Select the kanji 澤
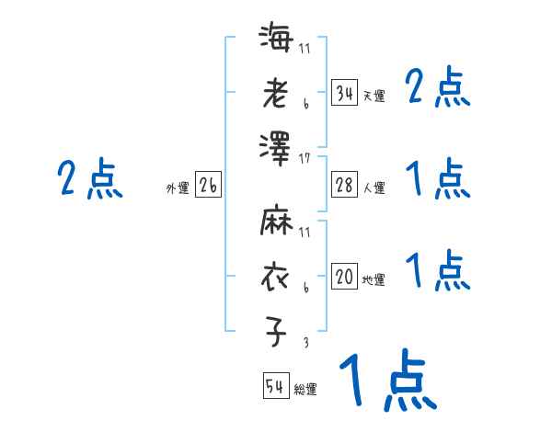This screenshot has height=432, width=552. pyautogui.click(x=277, y=148)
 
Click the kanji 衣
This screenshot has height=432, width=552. pyautogui.click(x=277, y=277)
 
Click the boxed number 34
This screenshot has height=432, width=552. pyautogui.click(x=344, y=93)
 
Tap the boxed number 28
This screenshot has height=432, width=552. pyautogui.click(x=344, y=185)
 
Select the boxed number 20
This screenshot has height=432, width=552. pyautogui.click(x=344, y=277)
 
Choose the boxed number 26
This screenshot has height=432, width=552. pyautogui.click(x=208, y=185)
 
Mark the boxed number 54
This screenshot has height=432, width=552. pyautogui.click(x=275, y=386)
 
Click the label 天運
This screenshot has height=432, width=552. pyautogui.click(x=374, y=96)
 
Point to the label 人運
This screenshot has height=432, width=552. pyautogui.click(x=374, y=188)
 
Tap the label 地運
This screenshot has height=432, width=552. pyautogui.click(x=374, y=279)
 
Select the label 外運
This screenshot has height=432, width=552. pyautogui.click(x=178, y=188)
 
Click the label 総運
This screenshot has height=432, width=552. pyautogui.click(x=305, y=389)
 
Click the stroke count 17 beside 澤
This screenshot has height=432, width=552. pyautogui.click(x=305, y=158)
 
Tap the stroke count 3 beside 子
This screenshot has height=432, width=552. pyautogui.click(x=305, y=342)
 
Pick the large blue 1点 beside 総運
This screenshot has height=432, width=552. pyautogui.click(x=386, y=383)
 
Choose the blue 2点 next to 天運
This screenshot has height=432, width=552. pyautogui.click(x=437, y=90)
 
